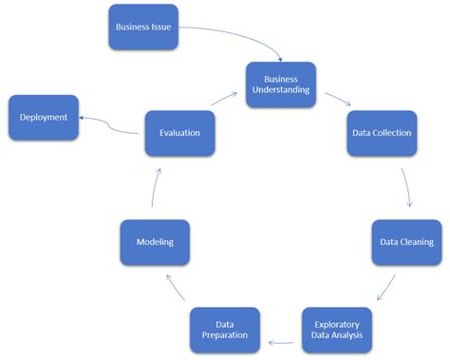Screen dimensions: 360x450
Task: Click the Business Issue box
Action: tap(144, 28)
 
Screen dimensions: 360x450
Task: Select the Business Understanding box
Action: tap(280, 84)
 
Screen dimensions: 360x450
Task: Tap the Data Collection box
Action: tap(379, 132)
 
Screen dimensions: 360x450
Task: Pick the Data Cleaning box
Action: tap(406, 241)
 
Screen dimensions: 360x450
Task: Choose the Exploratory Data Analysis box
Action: tap(337, 330)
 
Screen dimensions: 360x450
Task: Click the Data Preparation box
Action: tap(225, 330)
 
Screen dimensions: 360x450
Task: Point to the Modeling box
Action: tap(155, 242)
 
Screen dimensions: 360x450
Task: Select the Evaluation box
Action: tap(179, 132)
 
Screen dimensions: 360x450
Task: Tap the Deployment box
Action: tap(44, 117)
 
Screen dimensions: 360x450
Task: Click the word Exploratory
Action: tap(337, 323)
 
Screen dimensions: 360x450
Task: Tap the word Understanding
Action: tap(280, 90)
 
